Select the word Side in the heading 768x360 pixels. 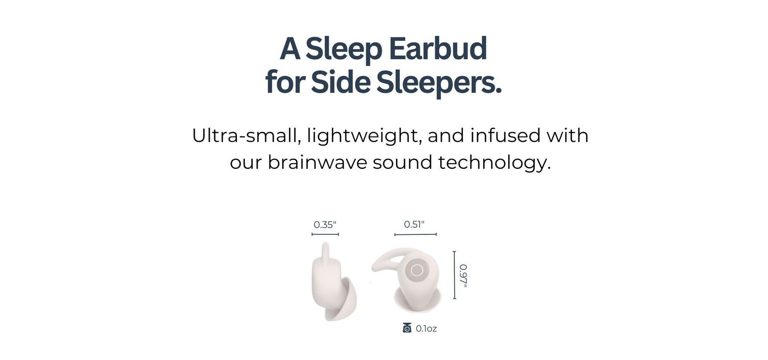[340, 83]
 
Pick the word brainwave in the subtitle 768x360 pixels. [317, 162]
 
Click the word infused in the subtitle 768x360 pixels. [505, 136]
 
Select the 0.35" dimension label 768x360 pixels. [325, 225]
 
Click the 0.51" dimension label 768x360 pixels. [414, 224]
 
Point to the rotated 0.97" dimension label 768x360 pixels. [463, 276]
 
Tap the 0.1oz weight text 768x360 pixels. [426, 328]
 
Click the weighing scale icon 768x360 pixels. [407, 328]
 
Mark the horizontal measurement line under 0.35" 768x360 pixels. [325, 234]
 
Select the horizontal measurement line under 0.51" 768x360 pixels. [416, 234]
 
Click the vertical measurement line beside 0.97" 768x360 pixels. [454, 275]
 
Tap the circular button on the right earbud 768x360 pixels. [417, 270]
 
